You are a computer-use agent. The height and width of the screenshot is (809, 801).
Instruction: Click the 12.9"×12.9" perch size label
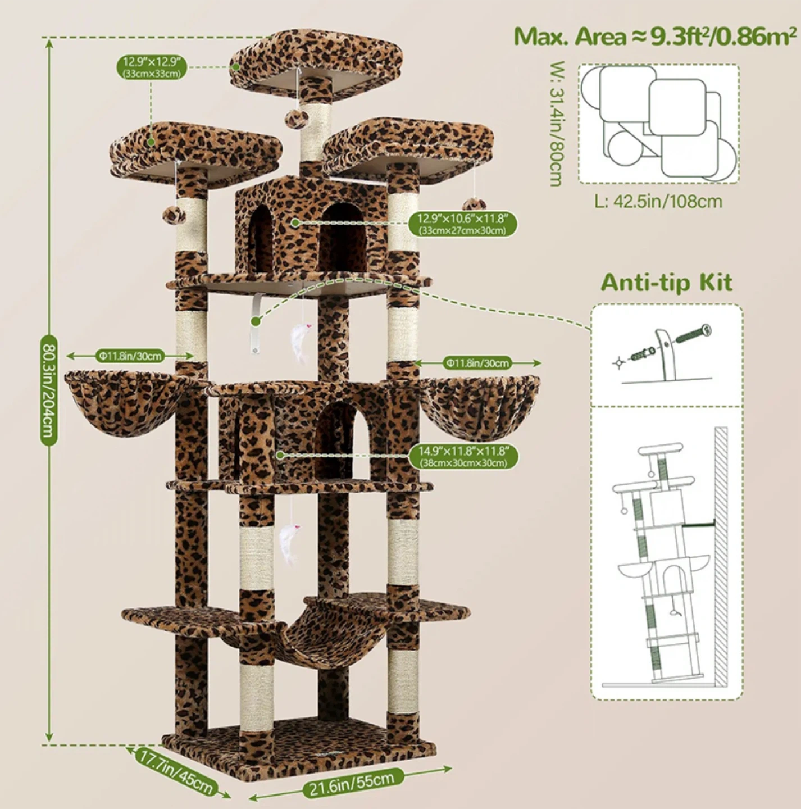152,67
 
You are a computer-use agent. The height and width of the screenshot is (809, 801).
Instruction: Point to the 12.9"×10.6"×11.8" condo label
463,224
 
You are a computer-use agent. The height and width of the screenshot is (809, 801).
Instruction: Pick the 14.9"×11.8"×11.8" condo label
463,456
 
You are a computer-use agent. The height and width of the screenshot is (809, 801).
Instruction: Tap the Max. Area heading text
655,38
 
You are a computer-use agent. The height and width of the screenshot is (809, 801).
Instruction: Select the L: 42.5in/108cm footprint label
658,202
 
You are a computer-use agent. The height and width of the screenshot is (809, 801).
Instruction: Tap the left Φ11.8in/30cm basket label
130,356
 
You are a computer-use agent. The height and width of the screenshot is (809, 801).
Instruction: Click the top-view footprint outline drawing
659,124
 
